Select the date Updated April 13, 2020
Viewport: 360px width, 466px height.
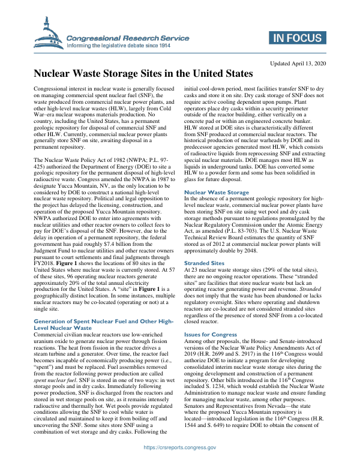pyautogui.click(x=298, y=63)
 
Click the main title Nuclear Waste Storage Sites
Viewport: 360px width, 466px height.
pyautogui.click(x=143, y=74)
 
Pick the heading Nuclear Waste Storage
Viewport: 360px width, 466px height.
pyautogui.click(x=216, y=176)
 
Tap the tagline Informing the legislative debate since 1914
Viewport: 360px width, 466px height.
pyautogui.click(x=119, y=45)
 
